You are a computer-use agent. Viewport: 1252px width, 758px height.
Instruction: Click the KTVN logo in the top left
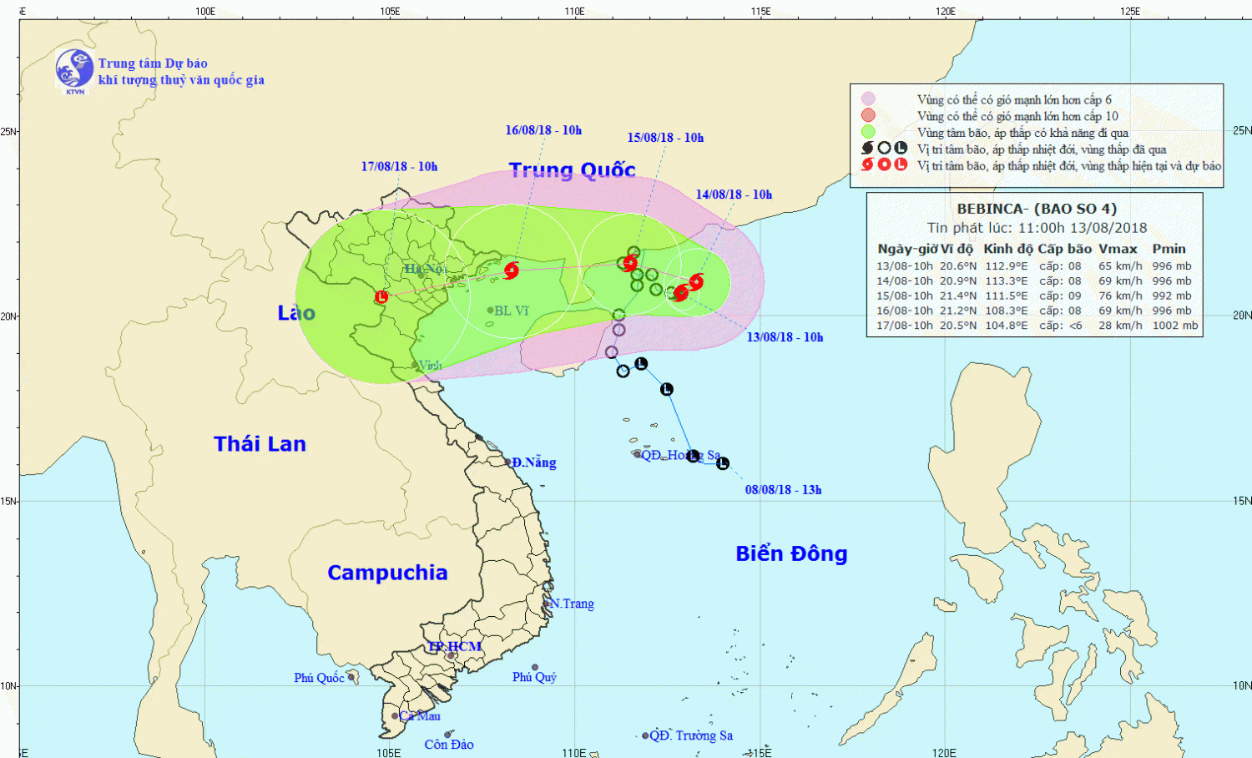74,69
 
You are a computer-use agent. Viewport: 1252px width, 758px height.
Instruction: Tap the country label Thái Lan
260,444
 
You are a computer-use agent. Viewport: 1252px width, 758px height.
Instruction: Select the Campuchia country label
387,573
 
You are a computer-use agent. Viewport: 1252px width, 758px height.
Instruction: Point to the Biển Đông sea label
791,553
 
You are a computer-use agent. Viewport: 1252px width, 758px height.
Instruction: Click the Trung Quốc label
573,170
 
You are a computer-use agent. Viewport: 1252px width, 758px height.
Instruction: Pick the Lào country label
296,313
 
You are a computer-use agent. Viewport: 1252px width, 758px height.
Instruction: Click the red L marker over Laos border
381,296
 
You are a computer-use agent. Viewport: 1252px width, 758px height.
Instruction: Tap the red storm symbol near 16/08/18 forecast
512,270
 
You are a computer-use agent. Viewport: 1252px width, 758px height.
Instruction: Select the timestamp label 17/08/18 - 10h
399,167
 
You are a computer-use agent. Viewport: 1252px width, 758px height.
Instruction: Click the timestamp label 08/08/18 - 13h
783,490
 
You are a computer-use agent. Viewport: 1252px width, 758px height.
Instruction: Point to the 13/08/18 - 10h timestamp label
785,337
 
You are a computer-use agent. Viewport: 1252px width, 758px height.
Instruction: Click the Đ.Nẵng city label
534,462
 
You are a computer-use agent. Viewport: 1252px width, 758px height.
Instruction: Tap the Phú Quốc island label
319,678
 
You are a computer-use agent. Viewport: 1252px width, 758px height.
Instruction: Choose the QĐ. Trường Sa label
691,735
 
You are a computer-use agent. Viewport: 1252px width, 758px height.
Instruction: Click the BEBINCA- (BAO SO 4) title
1037,209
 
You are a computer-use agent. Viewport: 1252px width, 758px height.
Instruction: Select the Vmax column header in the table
1118,249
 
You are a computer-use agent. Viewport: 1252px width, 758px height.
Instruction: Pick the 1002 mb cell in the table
1175,326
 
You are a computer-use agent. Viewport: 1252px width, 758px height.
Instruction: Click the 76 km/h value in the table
1120,296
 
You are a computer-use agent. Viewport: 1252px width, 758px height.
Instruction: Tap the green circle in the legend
868,132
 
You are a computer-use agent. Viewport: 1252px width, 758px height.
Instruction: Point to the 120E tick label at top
945,11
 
